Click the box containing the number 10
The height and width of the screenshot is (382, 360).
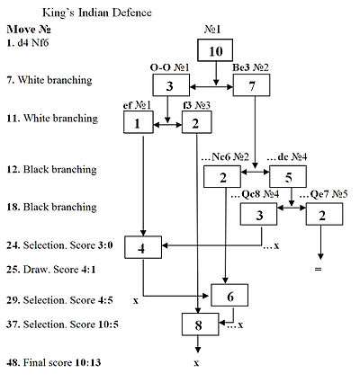[214, 51]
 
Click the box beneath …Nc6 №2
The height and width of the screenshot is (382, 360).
[221, 176]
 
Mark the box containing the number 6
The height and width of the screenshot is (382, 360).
[229, 294]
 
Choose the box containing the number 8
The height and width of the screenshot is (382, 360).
[200, 323]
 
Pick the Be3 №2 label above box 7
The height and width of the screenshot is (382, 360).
[252, 67]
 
